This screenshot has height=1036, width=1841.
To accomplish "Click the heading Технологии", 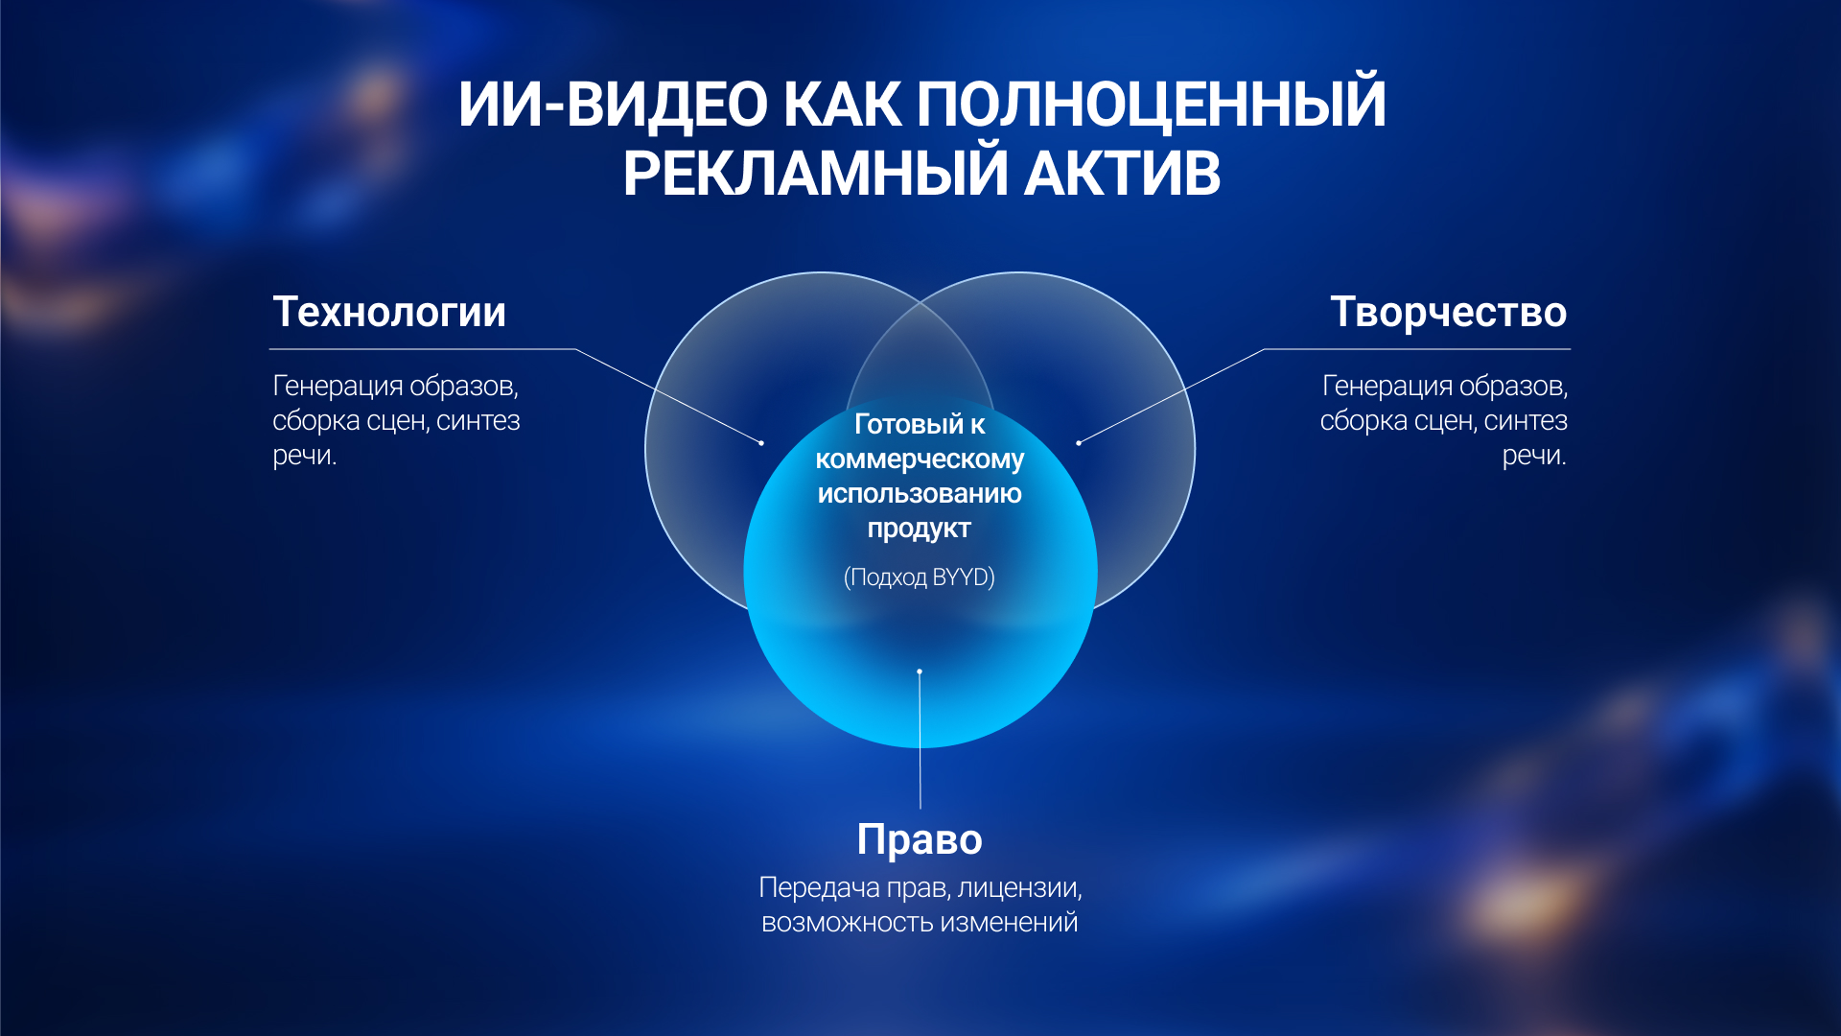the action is click(x=389, y=312).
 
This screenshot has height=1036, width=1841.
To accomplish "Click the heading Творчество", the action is click(x=1449, y=313).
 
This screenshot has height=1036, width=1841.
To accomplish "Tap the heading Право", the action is click(x=920, y=840).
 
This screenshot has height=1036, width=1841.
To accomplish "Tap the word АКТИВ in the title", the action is click(x=1122, y=174).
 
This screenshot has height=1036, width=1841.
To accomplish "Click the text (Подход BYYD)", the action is click(x=920, y=577).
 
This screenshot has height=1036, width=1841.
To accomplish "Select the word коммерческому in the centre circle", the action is click(x=920, y=459).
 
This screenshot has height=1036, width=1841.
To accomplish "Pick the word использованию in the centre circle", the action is click(x=920, y=494).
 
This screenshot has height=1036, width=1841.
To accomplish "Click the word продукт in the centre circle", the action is click(x=920, y=529).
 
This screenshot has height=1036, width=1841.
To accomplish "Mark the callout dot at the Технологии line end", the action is click(x=761, y=443).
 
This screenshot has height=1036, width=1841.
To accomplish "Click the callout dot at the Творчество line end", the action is click(x=1079, y=443).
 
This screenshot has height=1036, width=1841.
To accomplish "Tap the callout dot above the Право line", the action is click(x=920, y=671).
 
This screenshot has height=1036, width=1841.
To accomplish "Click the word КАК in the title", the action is click(x=842, y=104).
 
